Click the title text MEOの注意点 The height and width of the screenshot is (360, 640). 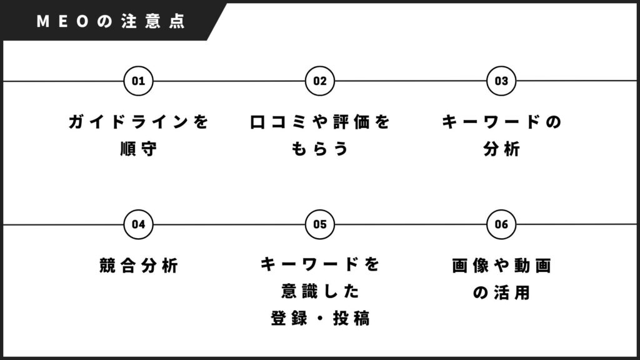[111, 21]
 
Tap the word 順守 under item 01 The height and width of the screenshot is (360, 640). [138, 149]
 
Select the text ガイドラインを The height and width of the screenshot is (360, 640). [138, 122]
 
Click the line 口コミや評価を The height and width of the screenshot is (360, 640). [320, 122]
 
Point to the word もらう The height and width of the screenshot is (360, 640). [320, 149]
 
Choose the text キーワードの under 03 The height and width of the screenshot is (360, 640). [502, 122]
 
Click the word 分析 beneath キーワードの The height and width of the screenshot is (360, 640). [502, 149]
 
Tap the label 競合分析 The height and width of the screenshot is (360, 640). [139, 265]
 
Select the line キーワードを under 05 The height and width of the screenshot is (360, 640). [321, 264]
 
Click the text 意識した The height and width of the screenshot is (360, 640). [321, 291]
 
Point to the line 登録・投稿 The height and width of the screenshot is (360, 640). [321, 318]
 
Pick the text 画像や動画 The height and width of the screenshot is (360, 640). [502, 265]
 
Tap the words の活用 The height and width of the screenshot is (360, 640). [502, 292]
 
